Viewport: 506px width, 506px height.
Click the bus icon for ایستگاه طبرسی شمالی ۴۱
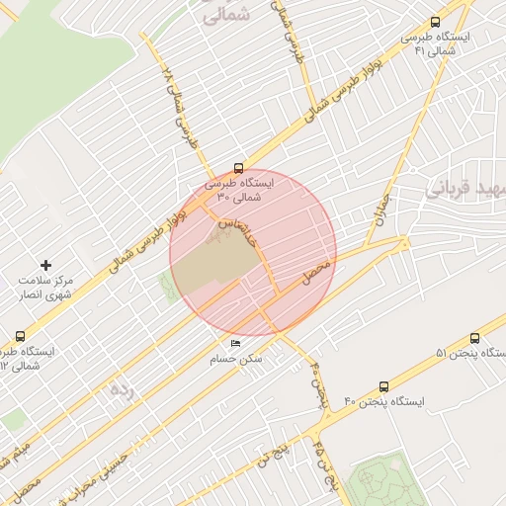pyautogui.click(x=436, y=22)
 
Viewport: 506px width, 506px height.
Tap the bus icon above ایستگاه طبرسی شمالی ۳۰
pyautogui.click(x=238, y=168)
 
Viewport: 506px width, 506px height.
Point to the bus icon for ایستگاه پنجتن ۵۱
pyautogui.click(x=475, y=338)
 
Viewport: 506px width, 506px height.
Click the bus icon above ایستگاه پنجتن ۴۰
pyautogui.click(x=383, y=386)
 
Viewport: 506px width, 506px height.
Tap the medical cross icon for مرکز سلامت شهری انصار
pyautogui.click(x=45, y=265)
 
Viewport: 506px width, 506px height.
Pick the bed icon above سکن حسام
pyautogui.click(x=235, y=343)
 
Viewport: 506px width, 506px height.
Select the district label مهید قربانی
pyautogui.click(x=465, y=187)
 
